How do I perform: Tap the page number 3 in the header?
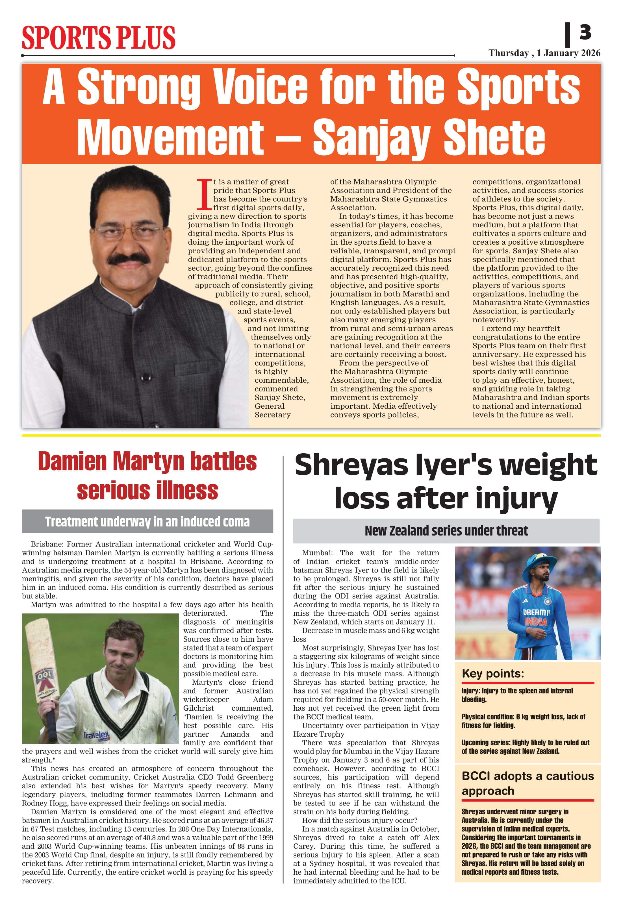(x=585, y=32)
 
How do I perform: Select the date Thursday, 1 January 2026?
(x=544, y=53)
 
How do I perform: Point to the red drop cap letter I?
(x=204, y=194)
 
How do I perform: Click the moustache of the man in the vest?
(x=128, y=259)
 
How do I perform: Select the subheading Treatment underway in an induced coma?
(x=147, y=522)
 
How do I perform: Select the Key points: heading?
(x=493, y=673)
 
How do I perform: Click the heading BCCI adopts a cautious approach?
(x=528, y=783)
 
